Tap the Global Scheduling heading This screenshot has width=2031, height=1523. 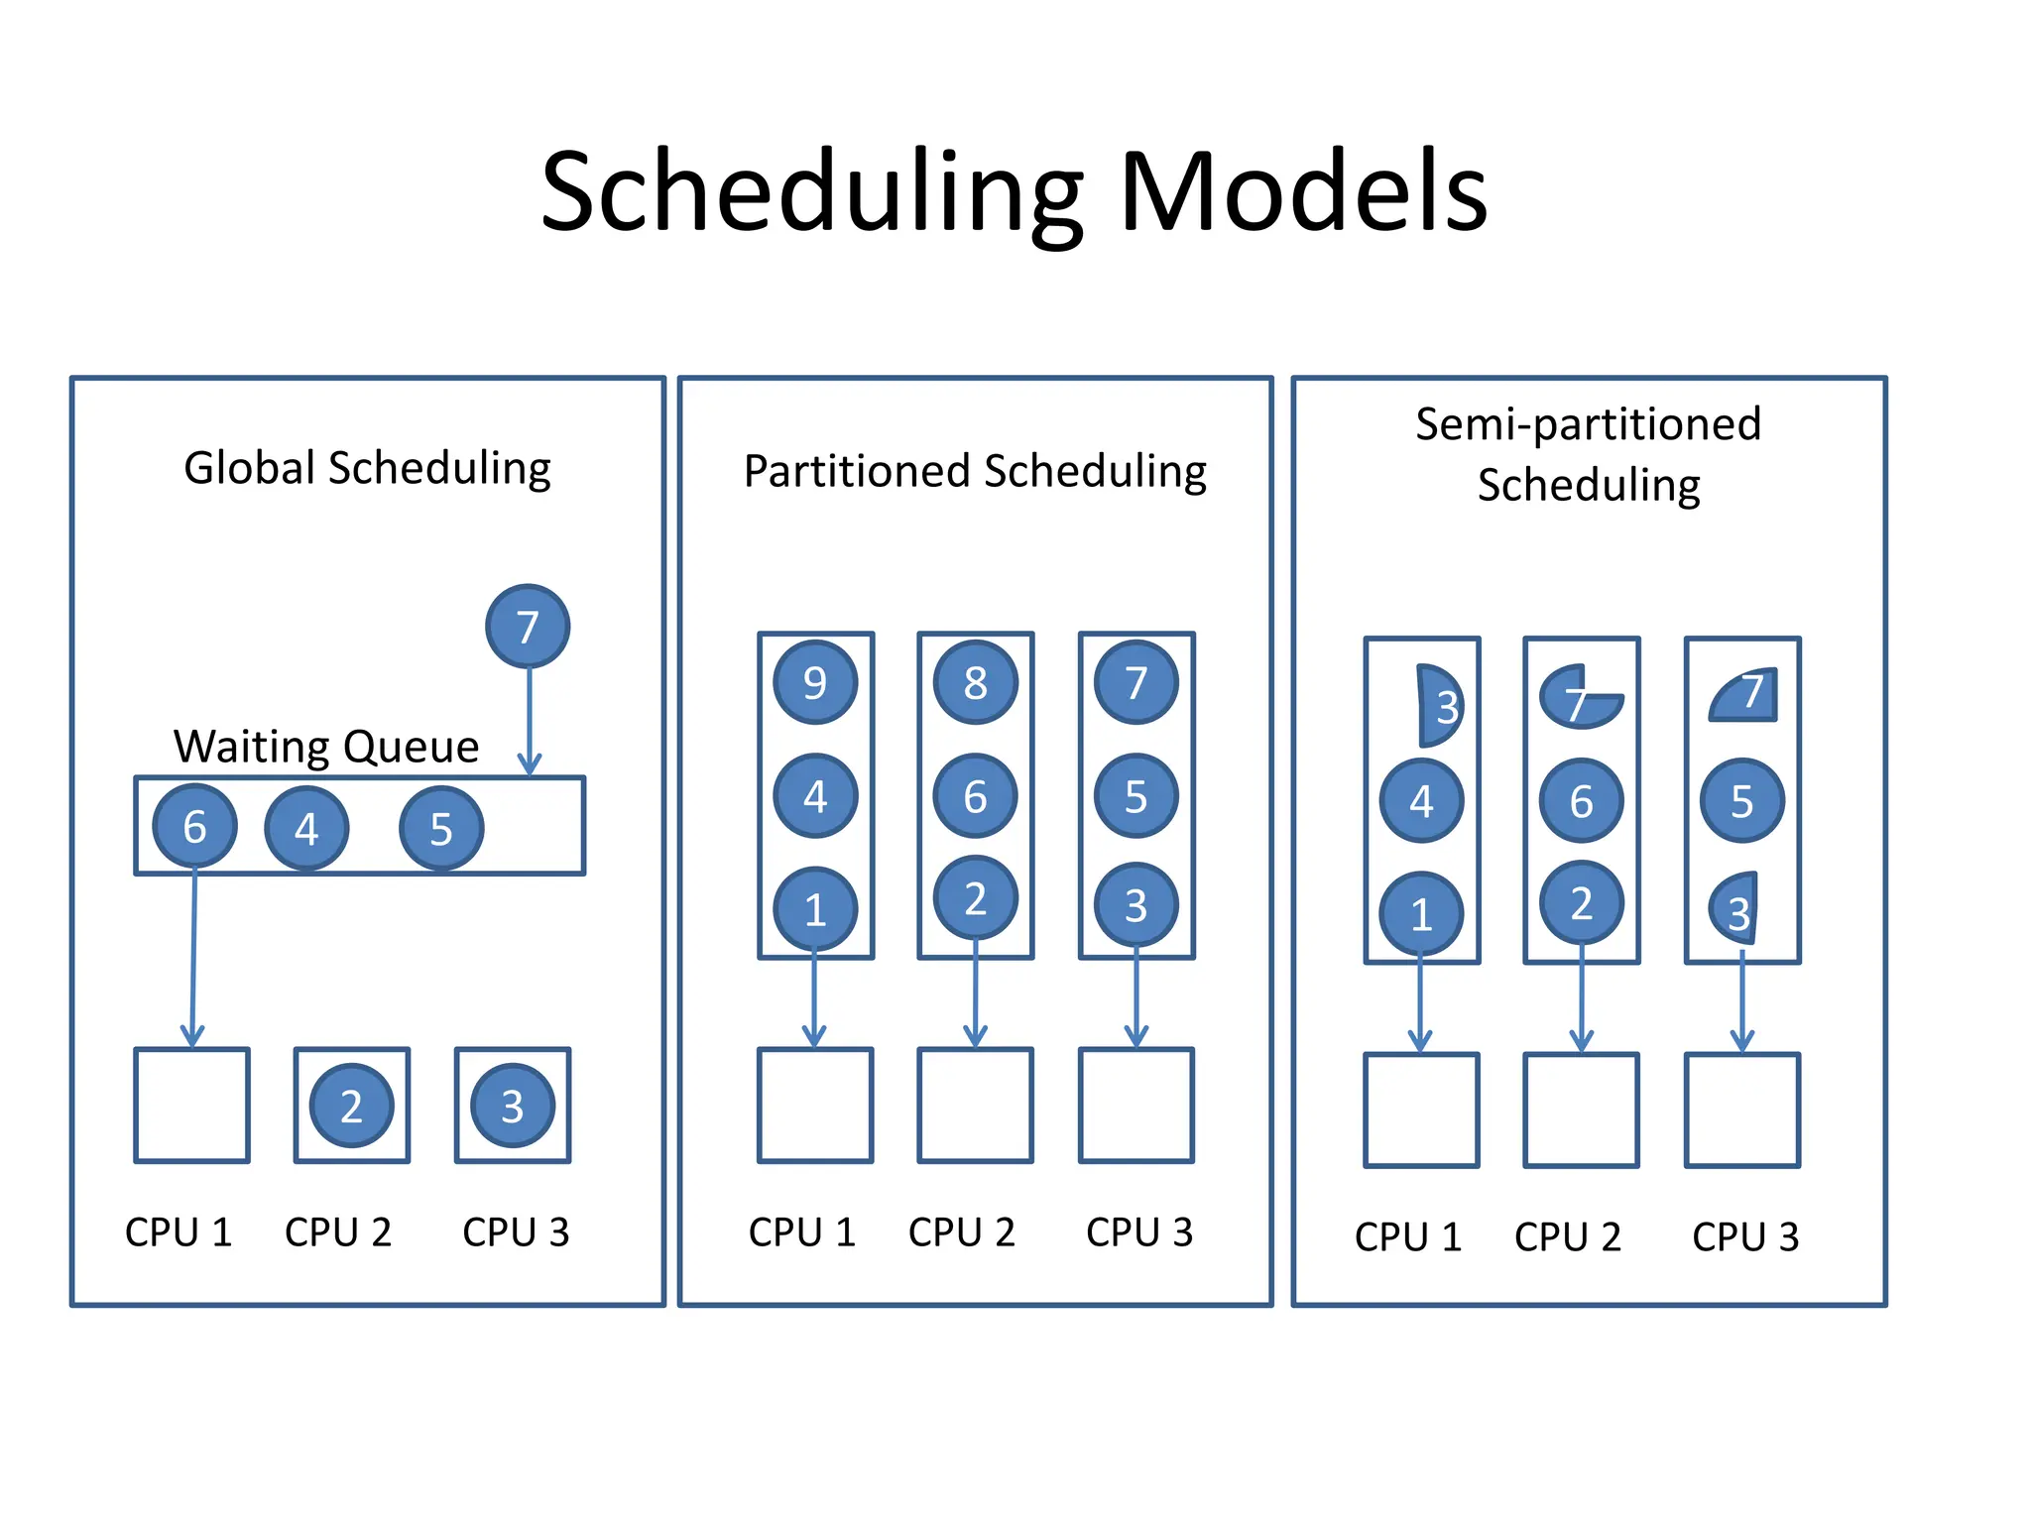tap(367, 468)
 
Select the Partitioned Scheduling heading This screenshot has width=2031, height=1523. tap(975, 471)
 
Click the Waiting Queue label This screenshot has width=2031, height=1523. tap(325, 746)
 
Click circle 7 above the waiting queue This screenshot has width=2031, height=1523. tap(528, 626)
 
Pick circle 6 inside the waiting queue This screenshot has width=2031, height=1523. tap(194, 826)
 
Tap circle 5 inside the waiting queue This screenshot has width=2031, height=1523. tap(441, 828)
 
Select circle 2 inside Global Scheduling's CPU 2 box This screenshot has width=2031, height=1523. tap(351, 1106)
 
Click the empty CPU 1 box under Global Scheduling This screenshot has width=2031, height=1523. tap(191, 1105)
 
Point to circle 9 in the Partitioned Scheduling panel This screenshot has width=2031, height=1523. tap(815, 682)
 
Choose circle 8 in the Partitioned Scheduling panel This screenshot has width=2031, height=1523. tap(976, 682)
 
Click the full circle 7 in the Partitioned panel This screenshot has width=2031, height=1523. tap(1136, 682)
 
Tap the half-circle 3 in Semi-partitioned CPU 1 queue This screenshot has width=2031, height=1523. tap(1438, 706)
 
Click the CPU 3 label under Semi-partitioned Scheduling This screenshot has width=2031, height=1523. tap(1744, 1236)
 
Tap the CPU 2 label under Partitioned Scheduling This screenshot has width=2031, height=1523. tap(961, 1232)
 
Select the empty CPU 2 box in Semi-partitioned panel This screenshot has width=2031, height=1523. tap(1581, 1111)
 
